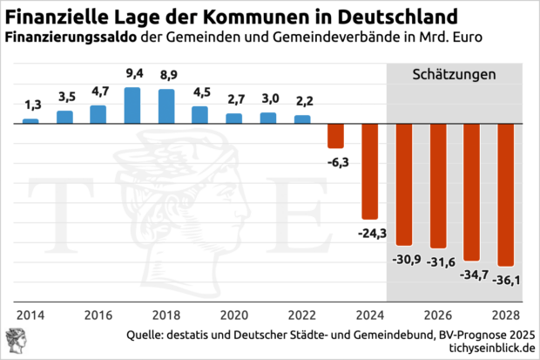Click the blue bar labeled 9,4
coord(132,105)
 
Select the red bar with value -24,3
coord(370,171)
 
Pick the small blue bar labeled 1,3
coord(30,120)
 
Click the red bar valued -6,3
coord(335,136)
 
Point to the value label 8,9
coord(166,75)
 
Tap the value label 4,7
coord(98,91)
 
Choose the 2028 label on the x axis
coord(505,315)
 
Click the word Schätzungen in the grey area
coord(453,75)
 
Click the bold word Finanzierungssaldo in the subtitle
coord(70,38)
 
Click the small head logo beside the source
coord(16,341)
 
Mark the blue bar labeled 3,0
coord(268,118)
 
